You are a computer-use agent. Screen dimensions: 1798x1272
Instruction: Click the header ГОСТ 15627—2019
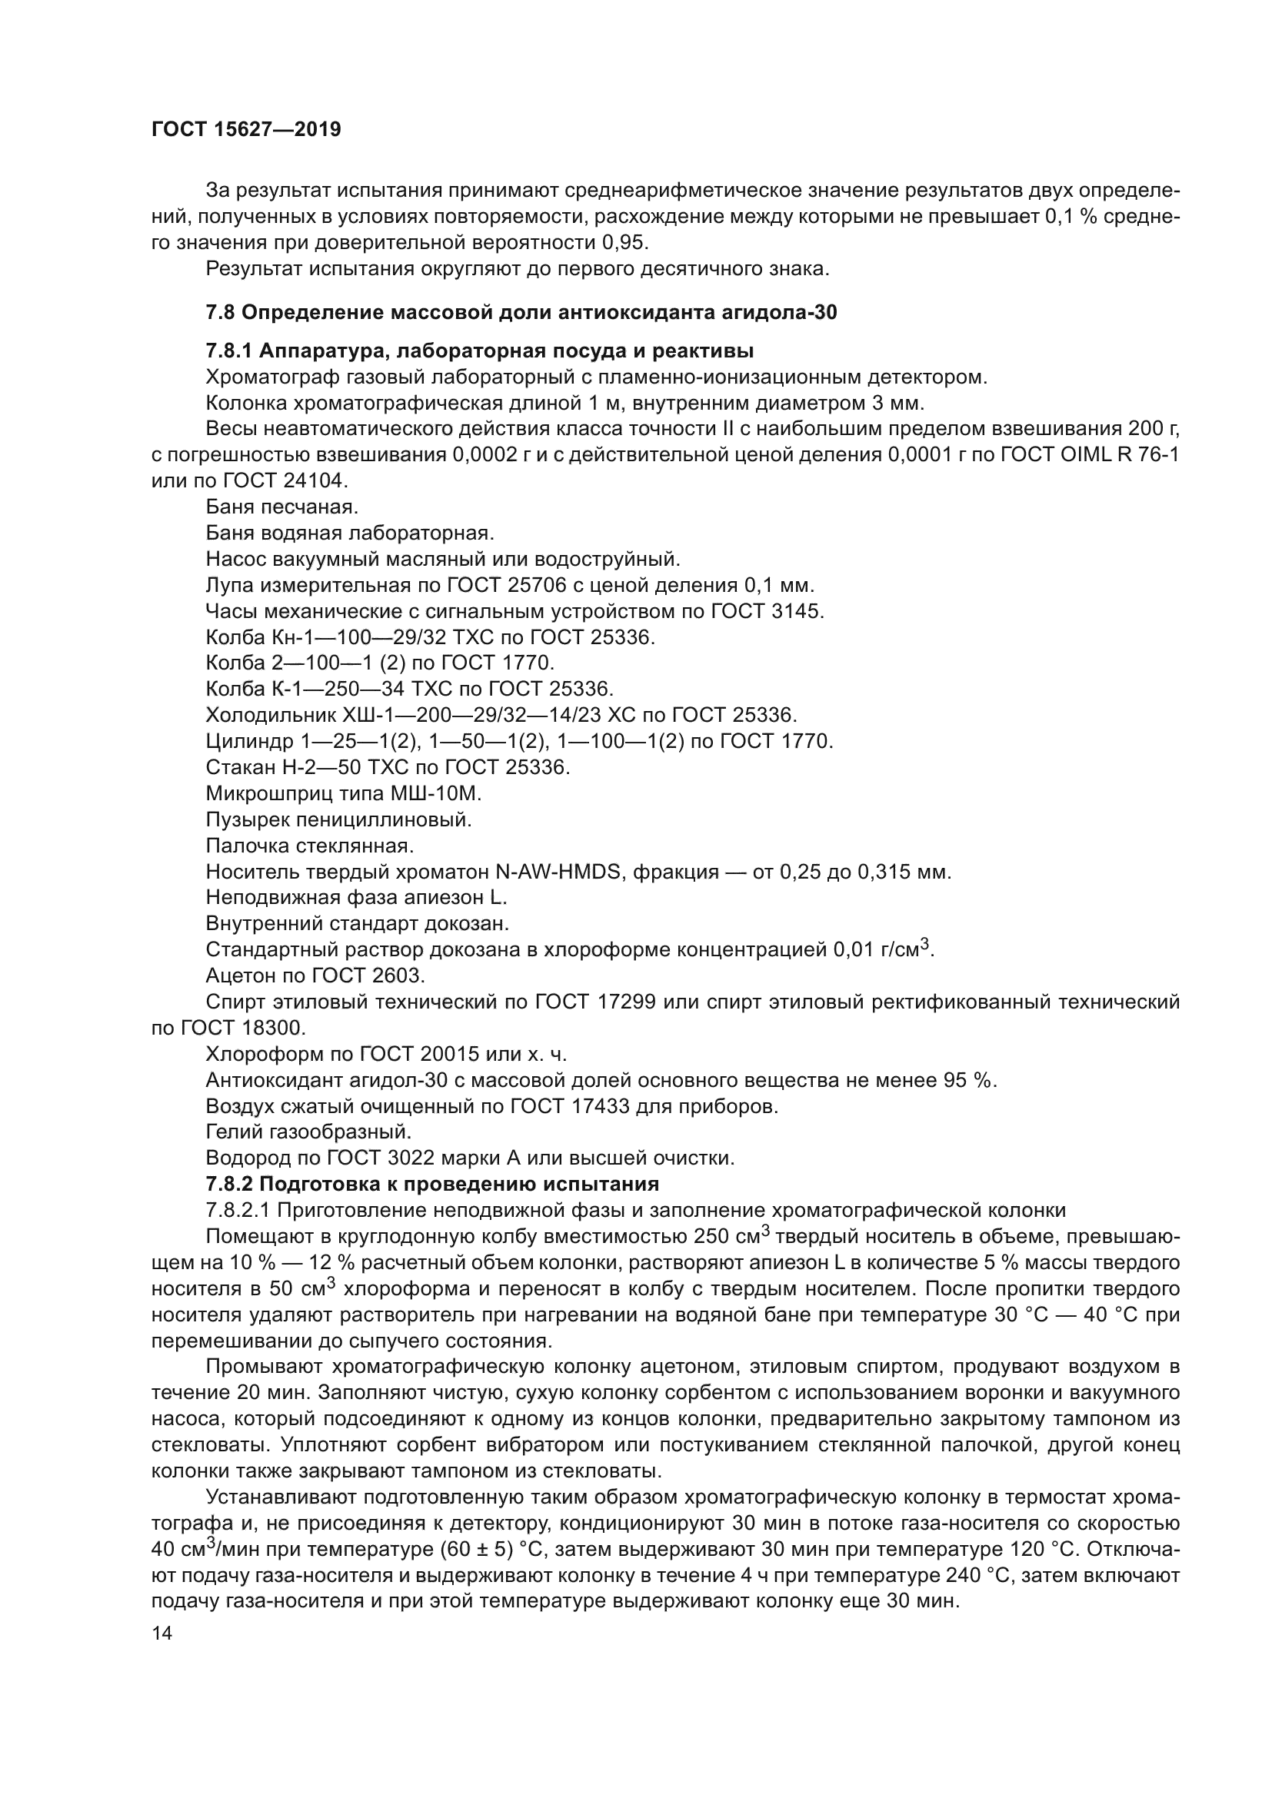tap(246, 130)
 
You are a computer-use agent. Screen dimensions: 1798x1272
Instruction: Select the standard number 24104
tap(312, 480)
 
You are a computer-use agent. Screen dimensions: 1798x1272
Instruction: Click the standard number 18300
tap(274, 1028)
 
